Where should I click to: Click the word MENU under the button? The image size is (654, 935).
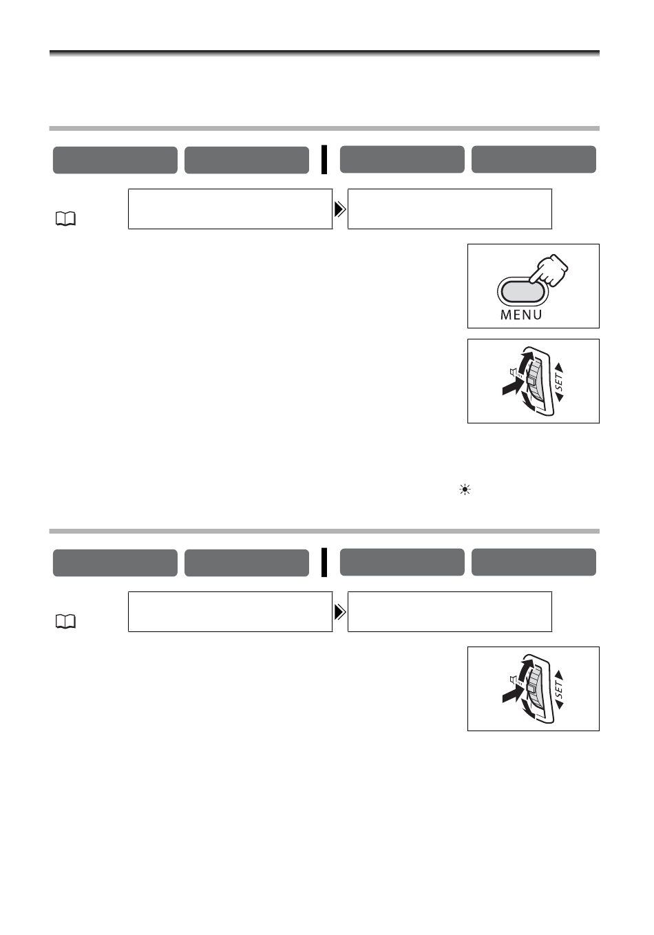[x=521, y=315]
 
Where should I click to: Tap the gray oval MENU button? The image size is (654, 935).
[x=521, y=292]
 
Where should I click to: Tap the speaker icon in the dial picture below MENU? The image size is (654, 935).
[x=513, y=373]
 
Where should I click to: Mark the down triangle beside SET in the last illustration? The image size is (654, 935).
[x=559, y=707]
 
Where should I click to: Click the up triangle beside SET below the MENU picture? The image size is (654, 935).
[x=559, y=366]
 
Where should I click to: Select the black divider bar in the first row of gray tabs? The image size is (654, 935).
[x=324, y=160]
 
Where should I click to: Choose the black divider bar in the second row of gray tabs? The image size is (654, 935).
[x=324, y=563]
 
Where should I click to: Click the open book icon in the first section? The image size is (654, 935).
[x=65, y=220]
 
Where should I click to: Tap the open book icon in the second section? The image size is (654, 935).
[x=65, y=622]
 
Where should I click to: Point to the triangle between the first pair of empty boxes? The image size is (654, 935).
[x=339, y=209]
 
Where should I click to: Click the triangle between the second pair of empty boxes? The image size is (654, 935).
[x=339, y=612]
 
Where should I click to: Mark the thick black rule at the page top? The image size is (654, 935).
[x=324, y=52]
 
